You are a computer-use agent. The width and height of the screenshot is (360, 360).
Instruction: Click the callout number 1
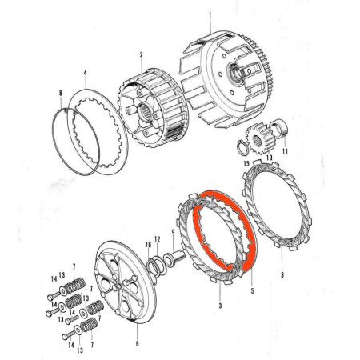(x=210, y=14)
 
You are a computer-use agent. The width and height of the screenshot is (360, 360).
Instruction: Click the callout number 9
(x=172, y=233)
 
